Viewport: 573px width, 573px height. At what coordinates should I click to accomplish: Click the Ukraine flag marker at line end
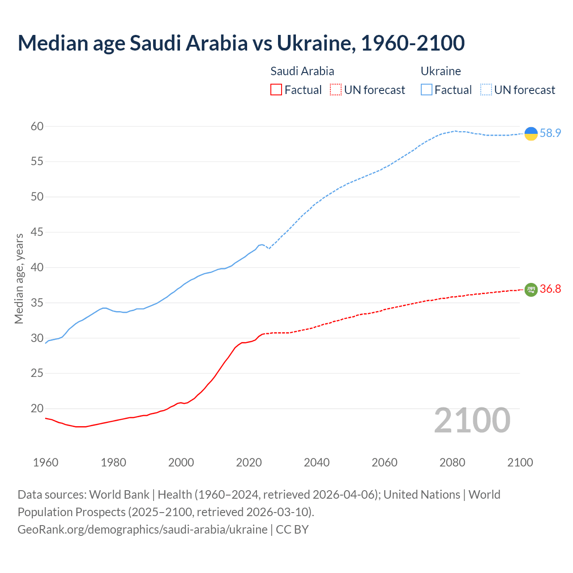[x=531, y=133]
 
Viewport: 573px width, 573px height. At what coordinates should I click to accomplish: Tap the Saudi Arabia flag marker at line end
[x=531, y=290]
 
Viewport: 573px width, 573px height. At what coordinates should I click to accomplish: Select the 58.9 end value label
[x=550, y=133]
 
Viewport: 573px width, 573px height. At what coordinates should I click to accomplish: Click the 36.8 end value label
[x=550, y=289]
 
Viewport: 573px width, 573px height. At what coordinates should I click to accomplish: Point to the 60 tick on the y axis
[x=37, y=127]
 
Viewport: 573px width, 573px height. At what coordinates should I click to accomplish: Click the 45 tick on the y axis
[x=37, y=232]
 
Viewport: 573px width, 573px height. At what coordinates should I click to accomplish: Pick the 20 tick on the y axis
[x=37, y=409]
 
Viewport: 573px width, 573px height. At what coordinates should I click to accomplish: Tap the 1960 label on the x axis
[x=46, y=462]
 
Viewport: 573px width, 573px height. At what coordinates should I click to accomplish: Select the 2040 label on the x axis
[x=316, y=462]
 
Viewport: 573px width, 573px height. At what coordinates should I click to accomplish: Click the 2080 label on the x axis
[x=452, y=462]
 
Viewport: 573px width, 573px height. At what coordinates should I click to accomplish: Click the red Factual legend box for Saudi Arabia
[x=276, y=90]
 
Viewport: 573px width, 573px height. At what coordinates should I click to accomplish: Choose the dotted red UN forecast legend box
[x=336, y=90]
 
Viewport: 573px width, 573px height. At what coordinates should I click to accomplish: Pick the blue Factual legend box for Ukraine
[x=427, y=90]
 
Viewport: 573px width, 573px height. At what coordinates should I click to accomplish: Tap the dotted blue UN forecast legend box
[x=486, y=90]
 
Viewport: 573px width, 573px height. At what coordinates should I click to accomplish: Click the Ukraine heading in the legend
[x=440, y=71]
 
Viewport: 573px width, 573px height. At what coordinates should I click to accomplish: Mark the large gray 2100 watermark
[x=472, y=420]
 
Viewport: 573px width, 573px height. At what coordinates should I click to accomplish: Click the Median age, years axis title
[x=19, y=278]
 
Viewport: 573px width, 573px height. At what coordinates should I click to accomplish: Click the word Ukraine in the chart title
[x=313, y=43]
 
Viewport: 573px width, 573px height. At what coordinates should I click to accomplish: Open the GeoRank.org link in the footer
[x=142, y=530]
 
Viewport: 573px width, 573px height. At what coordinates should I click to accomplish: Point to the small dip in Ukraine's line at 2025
[x=269, y=248]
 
